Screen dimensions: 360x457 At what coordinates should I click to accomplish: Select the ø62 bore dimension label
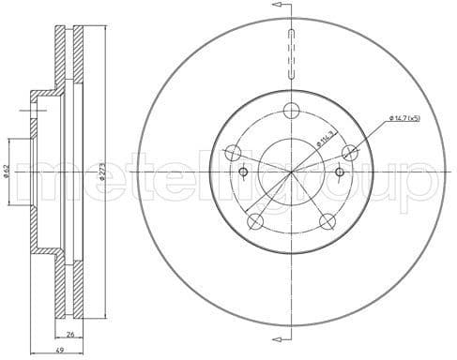pos(8,170)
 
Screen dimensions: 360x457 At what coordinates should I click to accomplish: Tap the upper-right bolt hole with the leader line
pos(351,152)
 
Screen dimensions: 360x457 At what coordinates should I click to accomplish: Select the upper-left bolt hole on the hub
pos(231,152)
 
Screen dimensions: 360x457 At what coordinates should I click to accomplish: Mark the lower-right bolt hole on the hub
pos(328,222)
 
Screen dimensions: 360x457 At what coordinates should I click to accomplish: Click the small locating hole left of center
pos(244,172)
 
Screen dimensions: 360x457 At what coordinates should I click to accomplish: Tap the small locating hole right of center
pos(340,172)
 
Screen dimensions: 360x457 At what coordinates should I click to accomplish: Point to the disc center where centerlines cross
pos(291,172)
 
